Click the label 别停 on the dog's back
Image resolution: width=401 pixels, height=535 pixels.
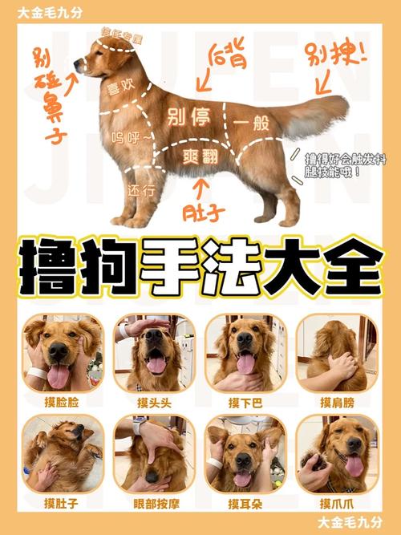(189, 118)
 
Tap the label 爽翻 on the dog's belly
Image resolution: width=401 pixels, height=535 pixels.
(200, 156)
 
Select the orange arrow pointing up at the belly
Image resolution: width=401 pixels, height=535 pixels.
(201, 187)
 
